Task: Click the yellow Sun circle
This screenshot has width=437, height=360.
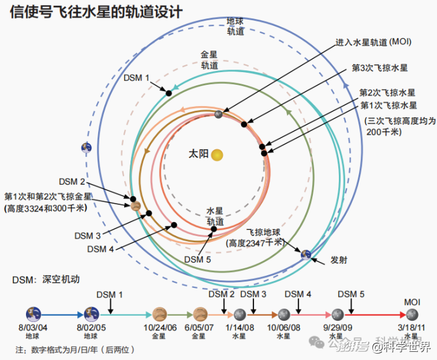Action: point(217,154)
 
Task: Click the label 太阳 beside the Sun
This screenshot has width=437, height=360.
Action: point(198,154)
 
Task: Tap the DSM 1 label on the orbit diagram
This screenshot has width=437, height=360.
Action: point(136,78)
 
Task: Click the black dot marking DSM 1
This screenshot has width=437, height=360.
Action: point(169,94)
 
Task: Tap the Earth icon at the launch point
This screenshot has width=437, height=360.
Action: point(307,254)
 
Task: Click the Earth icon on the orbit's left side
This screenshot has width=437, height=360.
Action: point(87,149)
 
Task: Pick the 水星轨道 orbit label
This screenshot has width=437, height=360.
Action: point(215,216)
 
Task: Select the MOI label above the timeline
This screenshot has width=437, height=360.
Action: point(412,302)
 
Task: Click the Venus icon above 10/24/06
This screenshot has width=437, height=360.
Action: point(160,314)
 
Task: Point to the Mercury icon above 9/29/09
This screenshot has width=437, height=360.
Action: point(336,314)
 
